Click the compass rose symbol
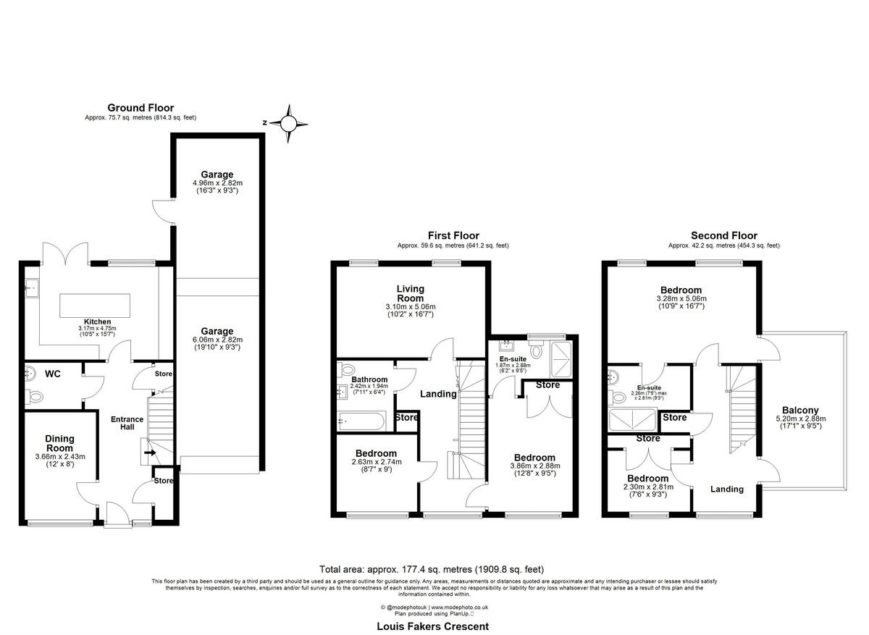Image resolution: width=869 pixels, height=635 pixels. coord(288,124)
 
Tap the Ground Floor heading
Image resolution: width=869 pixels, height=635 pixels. coord(140,108)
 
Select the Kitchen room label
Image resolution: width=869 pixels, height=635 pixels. coord(97,321)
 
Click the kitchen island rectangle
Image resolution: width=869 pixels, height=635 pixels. coord(96,302)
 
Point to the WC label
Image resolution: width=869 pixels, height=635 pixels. coord(52,374)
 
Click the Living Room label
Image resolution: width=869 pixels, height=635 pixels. coord(410,293)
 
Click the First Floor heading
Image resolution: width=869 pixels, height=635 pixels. coord(453,235)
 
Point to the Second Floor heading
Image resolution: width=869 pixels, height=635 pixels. coord(723,235)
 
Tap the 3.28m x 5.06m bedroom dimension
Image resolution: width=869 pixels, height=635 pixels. coord(680,298)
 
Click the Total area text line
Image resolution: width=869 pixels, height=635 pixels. coord(432,569)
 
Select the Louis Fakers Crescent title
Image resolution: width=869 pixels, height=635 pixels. coord(433,626)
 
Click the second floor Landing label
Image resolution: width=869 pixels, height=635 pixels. coord(726,489)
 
